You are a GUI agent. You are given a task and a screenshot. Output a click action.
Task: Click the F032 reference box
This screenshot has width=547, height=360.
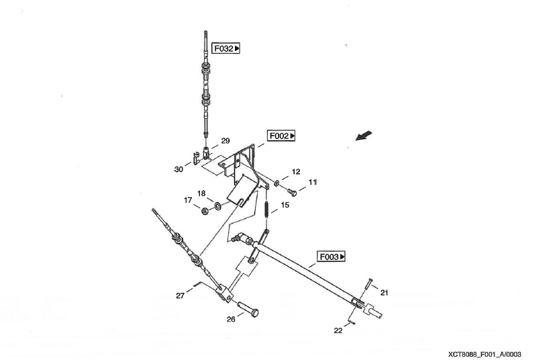pos(226,48)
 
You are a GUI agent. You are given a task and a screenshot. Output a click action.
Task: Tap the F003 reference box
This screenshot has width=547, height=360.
pos(332,257)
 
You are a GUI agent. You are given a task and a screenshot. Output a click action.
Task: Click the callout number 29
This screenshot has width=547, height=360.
pos(226,141)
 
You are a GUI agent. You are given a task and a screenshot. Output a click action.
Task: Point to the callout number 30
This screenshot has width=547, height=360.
pos(179,169)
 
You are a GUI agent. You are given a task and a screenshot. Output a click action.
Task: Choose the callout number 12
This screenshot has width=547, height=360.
pos(296,172)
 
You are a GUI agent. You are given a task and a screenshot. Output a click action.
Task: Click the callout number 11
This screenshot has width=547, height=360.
pos(313,182)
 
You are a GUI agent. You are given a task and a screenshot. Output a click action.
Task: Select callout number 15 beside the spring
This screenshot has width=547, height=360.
pos(285,205)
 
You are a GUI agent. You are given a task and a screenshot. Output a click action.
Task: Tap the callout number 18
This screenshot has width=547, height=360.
pos(201,193)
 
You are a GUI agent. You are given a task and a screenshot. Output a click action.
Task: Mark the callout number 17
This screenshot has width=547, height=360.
pos(189,199)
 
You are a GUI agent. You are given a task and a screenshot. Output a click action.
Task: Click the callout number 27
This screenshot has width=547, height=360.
pos(180,295)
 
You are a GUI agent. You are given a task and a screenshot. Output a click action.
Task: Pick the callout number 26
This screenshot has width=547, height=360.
pos(230,319)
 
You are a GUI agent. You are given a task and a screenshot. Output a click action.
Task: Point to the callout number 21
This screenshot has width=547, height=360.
pos(384,292)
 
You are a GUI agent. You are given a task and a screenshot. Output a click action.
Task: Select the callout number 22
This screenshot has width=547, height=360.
pos(338,330)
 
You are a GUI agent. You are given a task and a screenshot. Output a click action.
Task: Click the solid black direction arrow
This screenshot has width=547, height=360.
pos(363,136)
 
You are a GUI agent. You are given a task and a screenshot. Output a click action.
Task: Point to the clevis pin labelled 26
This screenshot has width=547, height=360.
pos(249,310)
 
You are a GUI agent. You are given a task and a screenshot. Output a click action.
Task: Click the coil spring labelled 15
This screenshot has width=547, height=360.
pos(267,209)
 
